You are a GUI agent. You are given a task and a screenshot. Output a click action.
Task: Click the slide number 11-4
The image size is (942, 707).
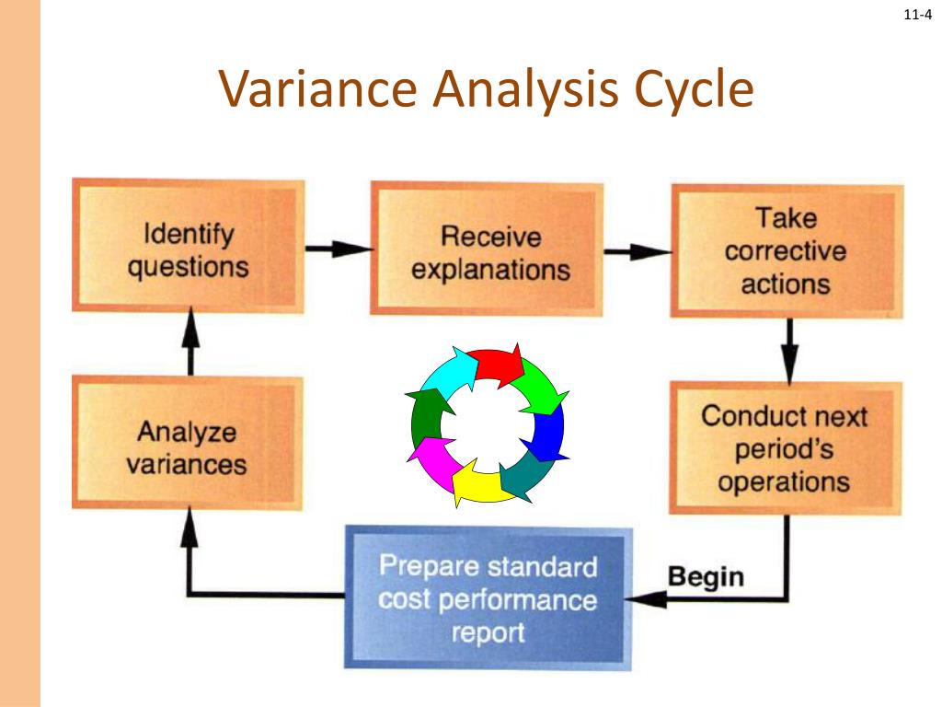[918, 15]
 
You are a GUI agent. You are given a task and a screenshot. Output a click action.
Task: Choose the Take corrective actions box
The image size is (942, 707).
[786, 250]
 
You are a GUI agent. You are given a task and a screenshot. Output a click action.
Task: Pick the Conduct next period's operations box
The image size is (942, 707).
[784, 448]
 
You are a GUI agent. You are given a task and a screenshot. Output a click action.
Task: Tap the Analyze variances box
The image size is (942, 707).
[188, 446]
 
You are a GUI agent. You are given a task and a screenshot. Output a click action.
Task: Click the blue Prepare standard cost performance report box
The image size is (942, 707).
[488, 598]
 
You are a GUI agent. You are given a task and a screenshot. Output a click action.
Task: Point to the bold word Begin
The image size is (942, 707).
[706, 577]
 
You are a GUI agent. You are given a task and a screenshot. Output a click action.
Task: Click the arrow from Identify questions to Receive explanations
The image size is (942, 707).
[338, 249]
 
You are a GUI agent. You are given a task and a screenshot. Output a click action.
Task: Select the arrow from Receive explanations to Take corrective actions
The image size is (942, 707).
[638, 251]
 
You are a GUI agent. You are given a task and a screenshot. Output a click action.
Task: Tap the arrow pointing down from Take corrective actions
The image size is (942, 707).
[788, 350]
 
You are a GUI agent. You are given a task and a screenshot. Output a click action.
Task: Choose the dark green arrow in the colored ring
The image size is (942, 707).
[425, 414]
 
